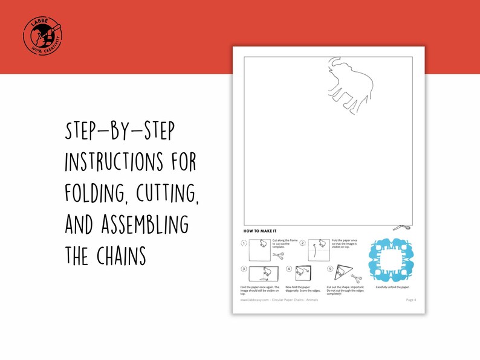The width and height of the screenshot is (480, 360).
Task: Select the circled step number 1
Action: (244, 244)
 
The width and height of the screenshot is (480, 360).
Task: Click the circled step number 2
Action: (302, 243)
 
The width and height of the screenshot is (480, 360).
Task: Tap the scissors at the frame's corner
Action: (401, 227)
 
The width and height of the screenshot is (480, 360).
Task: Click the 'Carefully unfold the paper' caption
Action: (391, 287)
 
